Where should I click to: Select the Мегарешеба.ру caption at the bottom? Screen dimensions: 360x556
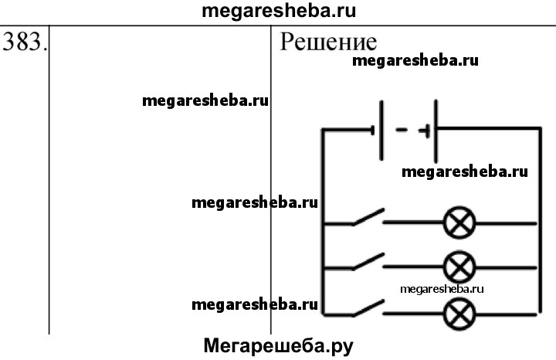[278, 345]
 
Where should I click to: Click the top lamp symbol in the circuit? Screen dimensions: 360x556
[459, 224]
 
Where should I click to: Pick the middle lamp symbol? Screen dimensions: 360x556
[459, 268]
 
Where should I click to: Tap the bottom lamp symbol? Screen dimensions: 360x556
[459, 314]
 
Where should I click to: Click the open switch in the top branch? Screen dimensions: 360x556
[368, 218]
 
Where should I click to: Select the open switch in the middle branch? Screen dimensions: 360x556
[368, 262]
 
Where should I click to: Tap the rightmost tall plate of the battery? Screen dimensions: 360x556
[436, 130]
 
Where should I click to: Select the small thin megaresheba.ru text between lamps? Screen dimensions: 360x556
[442, 288]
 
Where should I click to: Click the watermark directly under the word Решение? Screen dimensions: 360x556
[415, 62]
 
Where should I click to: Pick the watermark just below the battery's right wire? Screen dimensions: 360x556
[465, 172]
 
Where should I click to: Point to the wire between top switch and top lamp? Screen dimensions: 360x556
[413, 224]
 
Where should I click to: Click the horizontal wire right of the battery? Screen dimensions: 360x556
[486, 128]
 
